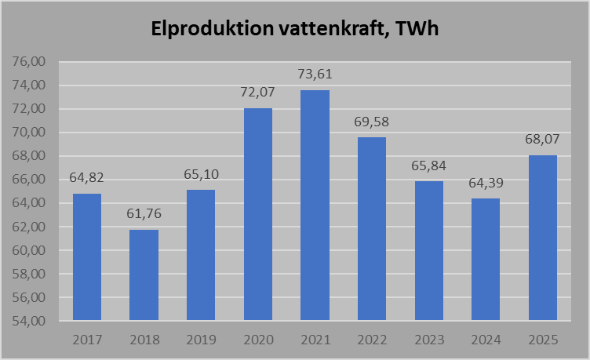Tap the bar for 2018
tap(144, 275)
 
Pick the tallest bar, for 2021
tap(315, 205)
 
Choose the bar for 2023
tap(428, 250)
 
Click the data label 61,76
tap(144, 214)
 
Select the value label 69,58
tap(372, 122)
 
